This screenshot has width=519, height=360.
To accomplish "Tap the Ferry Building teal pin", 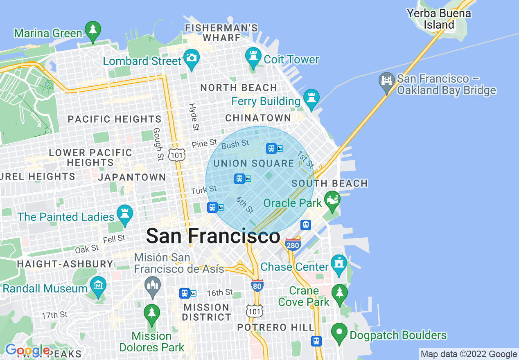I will (x=311, y=98).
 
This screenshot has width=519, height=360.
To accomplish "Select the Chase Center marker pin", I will (x=339, y=264).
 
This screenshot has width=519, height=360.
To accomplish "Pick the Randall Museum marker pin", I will (x=98, y=286).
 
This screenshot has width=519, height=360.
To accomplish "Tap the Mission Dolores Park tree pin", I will (x=152, y=314).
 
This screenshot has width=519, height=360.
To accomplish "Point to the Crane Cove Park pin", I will (x=339, y=293).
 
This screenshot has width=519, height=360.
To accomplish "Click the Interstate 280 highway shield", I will (x=293, y=244).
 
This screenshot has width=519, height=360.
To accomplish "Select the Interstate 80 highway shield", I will (x=257, y=286).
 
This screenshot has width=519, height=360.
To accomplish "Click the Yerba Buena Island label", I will (x=439, y=19).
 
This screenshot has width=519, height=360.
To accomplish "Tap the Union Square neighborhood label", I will (x=254, y=164).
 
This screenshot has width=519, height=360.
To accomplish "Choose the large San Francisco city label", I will (x=213, y=236).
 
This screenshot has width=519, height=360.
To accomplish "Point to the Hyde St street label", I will (x=194, y=117).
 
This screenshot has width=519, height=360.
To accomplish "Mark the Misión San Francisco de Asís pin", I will (x=153, y=286).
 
